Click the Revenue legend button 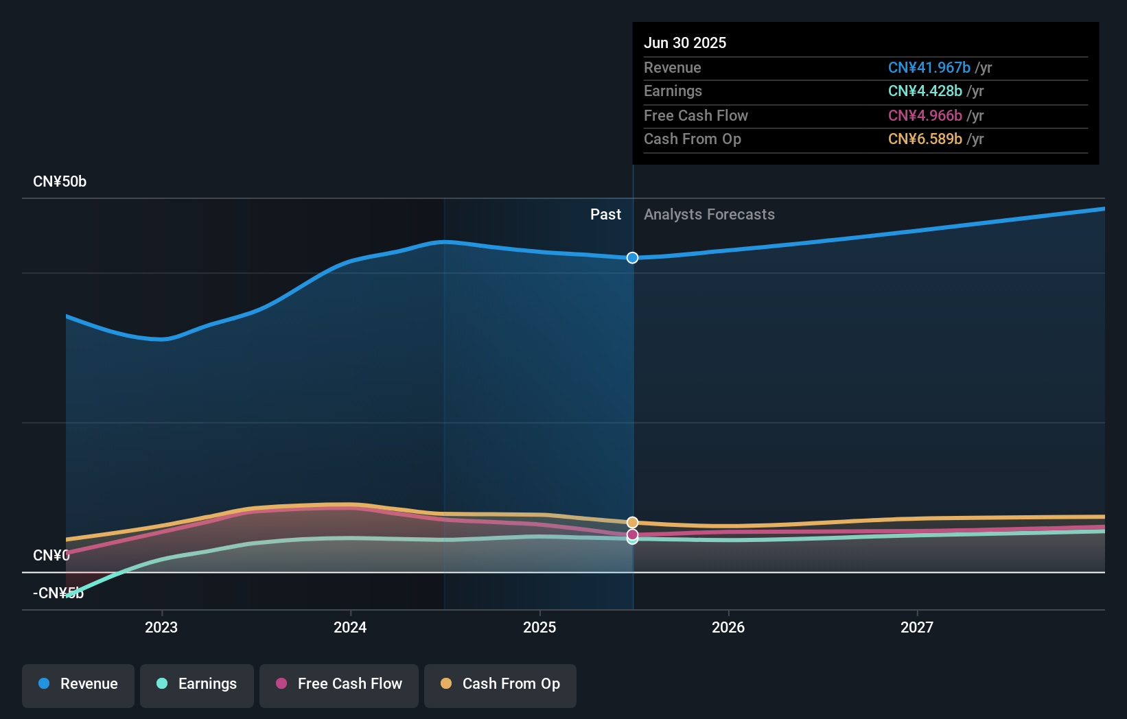coord(78,684)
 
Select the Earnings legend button coord(197,684)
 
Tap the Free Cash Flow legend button coord(339,684)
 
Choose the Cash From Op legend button coord(500,684)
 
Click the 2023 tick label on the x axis coord(161,627)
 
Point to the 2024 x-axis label coord(350,627)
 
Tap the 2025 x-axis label coord(539,627)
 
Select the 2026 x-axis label coord(728,627)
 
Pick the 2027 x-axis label coord(917,627)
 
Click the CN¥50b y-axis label coord(60,182)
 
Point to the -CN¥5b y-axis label coord(58,593)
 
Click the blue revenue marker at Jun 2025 coord(632,258)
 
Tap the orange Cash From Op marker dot coord(632,523)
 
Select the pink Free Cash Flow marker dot coord(632,534)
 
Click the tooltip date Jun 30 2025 coord(685,43)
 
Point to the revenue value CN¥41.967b coord(929,68)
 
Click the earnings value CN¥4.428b coord(925,91)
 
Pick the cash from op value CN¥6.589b coord(925,139)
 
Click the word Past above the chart coord(605,215)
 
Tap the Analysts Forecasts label coord(709,215)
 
